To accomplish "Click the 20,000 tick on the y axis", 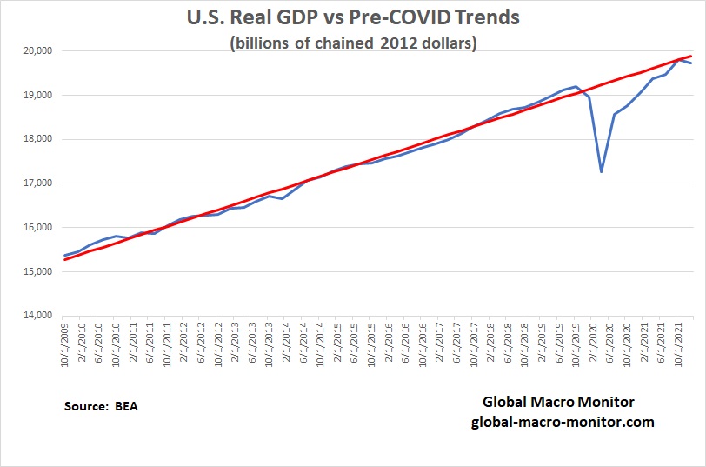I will (x=37, y=51).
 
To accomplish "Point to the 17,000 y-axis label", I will (x=37, y=183).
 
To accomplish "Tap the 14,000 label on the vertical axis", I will (x=37, y=316).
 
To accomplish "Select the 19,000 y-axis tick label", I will (x=37, y=96).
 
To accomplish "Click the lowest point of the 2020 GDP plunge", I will (x=602, y=171).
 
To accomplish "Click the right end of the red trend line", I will (x=691, y=56).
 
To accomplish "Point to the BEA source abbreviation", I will (x=126, y=406).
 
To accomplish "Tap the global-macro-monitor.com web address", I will (x=563, y=422).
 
